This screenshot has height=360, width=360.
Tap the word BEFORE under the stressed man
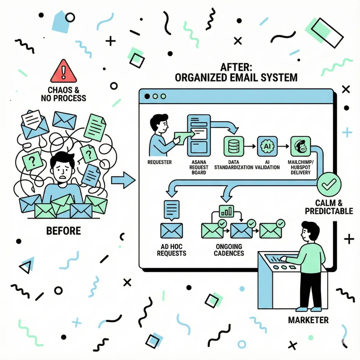pyautogui.click(x=63, y=230)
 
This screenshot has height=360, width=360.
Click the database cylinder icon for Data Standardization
pyautogui.click(x=232, y=146)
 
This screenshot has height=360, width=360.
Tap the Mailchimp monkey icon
pyautogui.click(x=300, y=146)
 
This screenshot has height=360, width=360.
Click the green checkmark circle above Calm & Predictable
pyautogui.click(x=329, y=185)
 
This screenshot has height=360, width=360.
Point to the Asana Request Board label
pyautogui.click(x=198, y=167)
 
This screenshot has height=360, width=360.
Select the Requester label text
pyautogui.click(x=159, y=162)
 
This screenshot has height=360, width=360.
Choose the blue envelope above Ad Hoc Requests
pyautogui.click(x=171, y=231)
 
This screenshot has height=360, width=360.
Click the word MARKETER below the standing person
pyautogui.click(x=308, y=320)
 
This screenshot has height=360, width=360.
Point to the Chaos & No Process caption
pyautogui.click(x=64, y=94)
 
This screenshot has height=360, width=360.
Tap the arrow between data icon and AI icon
pyautogui.click(x=250, y=146)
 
